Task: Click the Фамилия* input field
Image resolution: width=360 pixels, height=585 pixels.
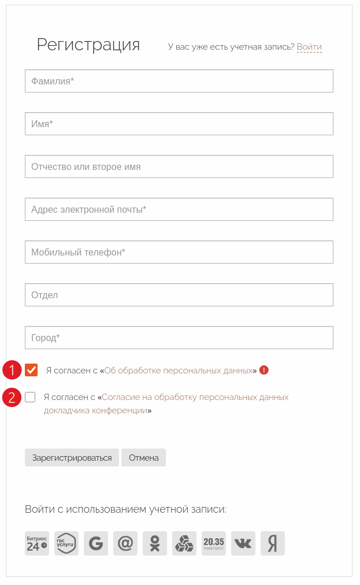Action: [179, 81]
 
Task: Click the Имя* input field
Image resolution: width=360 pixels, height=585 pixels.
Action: [179, 124]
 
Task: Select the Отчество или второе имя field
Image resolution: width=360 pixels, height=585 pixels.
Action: [179, 166]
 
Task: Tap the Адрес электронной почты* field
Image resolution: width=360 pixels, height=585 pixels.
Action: [179, 209]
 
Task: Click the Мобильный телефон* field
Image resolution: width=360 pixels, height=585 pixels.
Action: [179, 252]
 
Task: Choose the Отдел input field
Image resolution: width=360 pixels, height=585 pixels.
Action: [179, 295]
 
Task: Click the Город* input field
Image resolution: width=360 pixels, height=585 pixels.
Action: [179, 338]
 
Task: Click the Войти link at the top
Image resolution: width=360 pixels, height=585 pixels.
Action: [309, 47]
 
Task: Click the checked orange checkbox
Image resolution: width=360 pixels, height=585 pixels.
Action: [31, 370]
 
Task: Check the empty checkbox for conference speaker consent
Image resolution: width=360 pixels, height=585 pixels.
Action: [30, 397]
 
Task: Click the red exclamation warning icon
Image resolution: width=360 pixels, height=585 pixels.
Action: [264, 370]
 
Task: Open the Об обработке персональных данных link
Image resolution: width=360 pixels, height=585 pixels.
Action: [178, 371]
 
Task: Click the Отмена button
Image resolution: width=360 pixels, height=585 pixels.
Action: [143, 458]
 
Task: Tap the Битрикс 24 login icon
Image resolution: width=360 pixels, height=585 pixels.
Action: [37, 543]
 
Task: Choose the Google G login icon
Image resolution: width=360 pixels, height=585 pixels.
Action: [96, 543]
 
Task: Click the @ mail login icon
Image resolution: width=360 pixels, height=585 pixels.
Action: [125, 543]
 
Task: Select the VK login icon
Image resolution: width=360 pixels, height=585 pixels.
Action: [243, 543]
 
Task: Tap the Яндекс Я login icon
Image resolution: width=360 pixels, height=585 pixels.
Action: [273, 543]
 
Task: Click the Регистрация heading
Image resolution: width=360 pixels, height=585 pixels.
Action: [88, 45]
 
